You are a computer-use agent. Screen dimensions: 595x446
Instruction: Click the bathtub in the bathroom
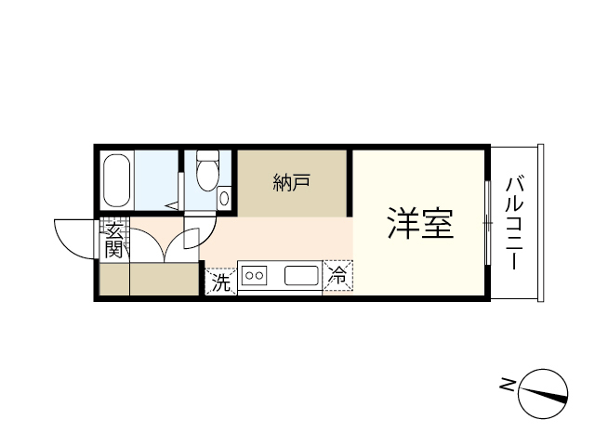click(x=117, y=180)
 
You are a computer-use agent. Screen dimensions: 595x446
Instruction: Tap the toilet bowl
click(x=207, y=176)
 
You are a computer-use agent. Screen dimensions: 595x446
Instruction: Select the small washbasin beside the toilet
click(x=224, y=198)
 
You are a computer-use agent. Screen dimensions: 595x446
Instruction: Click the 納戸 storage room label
click(x=291, y=182)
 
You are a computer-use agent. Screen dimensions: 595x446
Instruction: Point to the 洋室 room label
click(x=420, y=223)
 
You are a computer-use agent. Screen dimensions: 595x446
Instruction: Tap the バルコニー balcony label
click(x=514, y=223)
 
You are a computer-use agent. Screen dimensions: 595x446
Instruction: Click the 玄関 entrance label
click(x=113, y=241)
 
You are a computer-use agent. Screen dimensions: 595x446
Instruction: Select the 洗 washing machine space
click(x=221, y=282)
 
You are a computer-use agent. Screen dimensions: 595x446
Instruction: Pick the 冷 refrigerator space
click(x=337, y=276)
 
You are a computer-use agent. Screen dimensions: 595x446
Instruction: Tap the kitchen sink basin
click(x=301, y=276)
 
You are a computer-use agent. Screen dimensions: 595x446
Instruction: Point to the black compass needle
click(x=543, y=394)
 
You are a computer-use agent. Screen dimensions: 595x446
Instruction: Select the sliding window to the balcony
click(x=488, y=223)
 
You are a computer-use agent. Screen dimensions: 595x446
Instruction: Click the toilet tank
click(x=207, y=155)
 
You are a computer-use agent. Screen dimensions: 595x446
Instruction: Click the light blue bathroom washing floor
click(x=156, y=179)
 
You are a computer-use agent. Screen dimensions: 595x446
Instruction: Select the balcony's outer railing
click(x=541, y=223)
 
